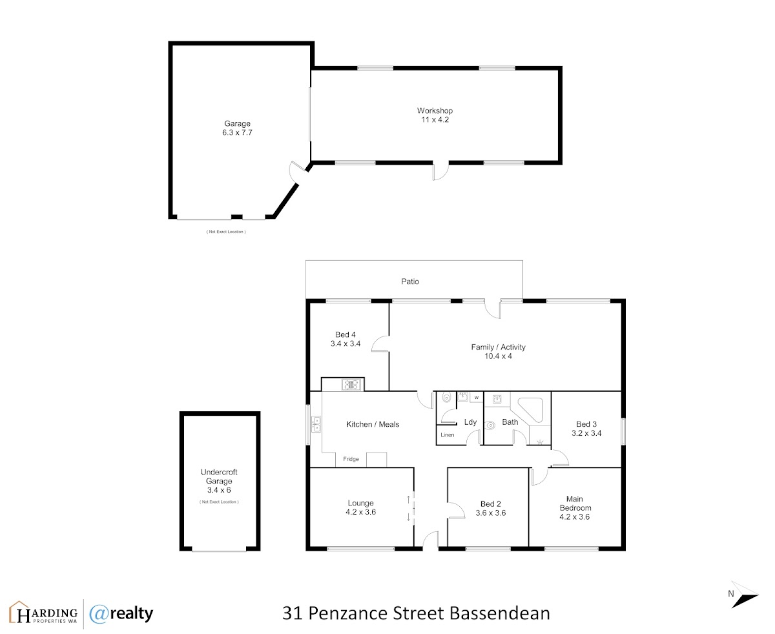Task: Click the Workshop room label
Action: (x=435, y=110)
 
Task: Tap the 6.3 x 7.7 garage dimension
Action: (x=237, y=132)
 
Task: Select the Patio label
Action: (x=409, y=281)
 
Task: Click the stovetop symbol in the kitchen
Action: (x=351, y=384)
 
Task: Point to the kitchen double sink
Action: (x=316, y=424)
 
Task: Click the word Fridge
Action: (x=351, y=459)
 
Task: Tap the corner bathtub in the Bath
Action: (x=530, y=410)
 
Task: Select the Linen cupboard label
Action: (x=447, y=435)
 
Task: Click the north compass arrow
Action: (x=745, y=595)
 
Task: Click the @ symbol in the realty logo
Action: (x=98, y=613)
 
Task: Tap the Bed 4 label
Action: (x=345, y=334)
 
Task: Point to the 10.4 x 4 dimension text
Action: (x=498, y=356)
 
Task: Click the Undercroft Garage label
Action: (x=219, y=476)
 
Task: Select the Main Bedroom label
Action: (x=575, y=503)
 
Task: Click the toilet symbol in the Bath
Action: (x=490, y=425)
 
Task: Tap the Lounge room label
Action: (x=360, y=503)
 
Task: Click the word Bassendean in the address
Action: (x=500, y=613)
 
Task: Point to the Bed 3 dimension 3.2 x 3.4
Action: (x=586, y=433)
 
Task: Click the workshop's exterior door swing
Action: (x=441, y=172)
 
